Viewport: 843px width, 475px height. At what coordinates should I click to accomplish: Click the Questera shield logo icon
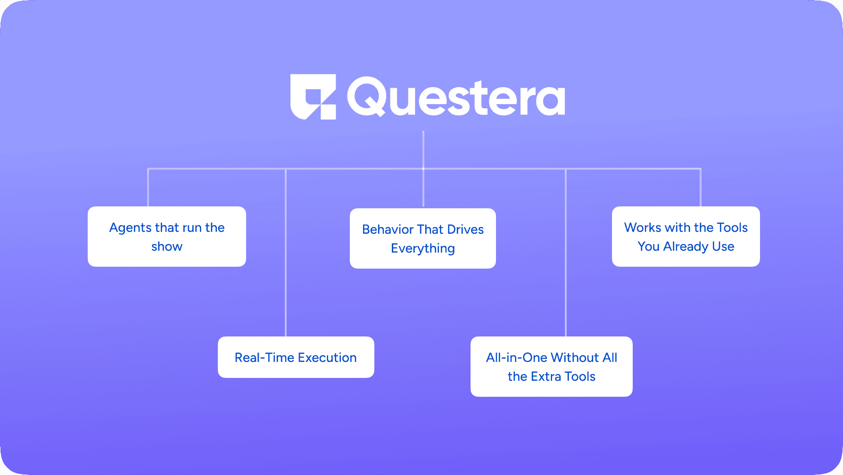pos(313,97)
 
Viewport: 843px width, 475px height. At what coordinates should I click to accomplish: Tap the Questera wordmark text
pos(456,97)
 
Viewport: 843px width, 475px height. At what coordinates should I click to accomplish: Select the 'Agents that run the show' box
pos(167,237)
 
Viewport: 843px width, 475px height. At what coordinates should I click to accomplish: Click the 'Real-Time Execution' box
pos(296,357)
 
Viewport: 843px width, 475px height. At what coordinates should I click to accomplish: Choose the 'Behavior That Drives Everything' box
pos(423,238)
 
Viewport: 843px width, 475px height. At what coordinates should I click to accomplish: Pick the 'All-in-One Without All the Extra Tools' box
pos(552,367)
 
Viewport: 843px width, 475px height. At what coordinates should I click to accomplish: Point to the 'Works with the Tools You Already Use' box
pos(686,237)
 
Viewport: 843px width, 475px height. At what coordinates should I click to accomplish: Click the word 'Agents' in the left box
pos(131,228)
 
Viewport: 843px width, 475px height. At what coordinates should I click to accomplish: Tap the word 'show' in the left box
pos(167,246)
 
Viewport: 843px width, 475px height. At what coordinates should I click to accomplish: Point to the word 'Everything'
pos(423,248)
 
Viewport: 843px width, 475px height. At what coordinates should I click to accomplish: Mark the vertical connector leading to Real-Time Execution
pos(286,254)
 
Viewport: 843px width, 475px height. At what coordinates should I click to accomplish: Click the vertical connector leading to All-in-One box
pos(565,254)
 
